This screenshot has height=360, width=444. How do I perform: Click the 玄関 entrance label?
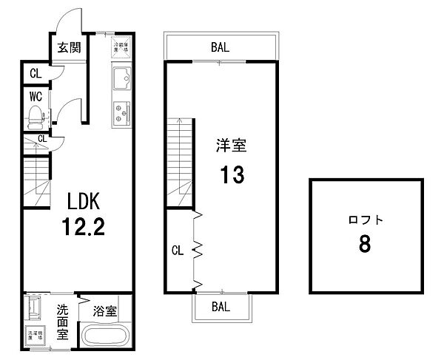(x=69, y=48)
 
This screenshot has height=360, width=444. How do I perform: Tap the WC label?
(x=34, y=95)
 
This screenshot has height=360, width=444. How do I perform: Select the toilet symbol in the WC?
(x=34, y=115)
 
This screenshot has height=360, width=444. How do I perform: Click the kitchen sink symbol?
(x=121, y=77)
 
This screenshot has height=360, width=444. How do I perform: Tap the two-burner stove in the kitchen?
(x=121, y=112)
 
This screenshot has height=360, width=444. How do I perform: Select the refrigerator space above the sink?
(x=121, y=47)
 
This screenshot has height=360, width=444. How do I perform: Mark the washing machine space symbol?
(x=34, y=336)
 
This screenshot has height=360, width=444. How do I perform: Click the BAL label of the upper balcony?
(x=220, y=47)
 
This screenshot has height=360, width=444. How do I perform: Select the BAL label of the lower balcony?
(x=221, y=305)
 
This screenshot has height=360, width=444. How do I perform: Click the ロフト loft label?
(x=363, y=220)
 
